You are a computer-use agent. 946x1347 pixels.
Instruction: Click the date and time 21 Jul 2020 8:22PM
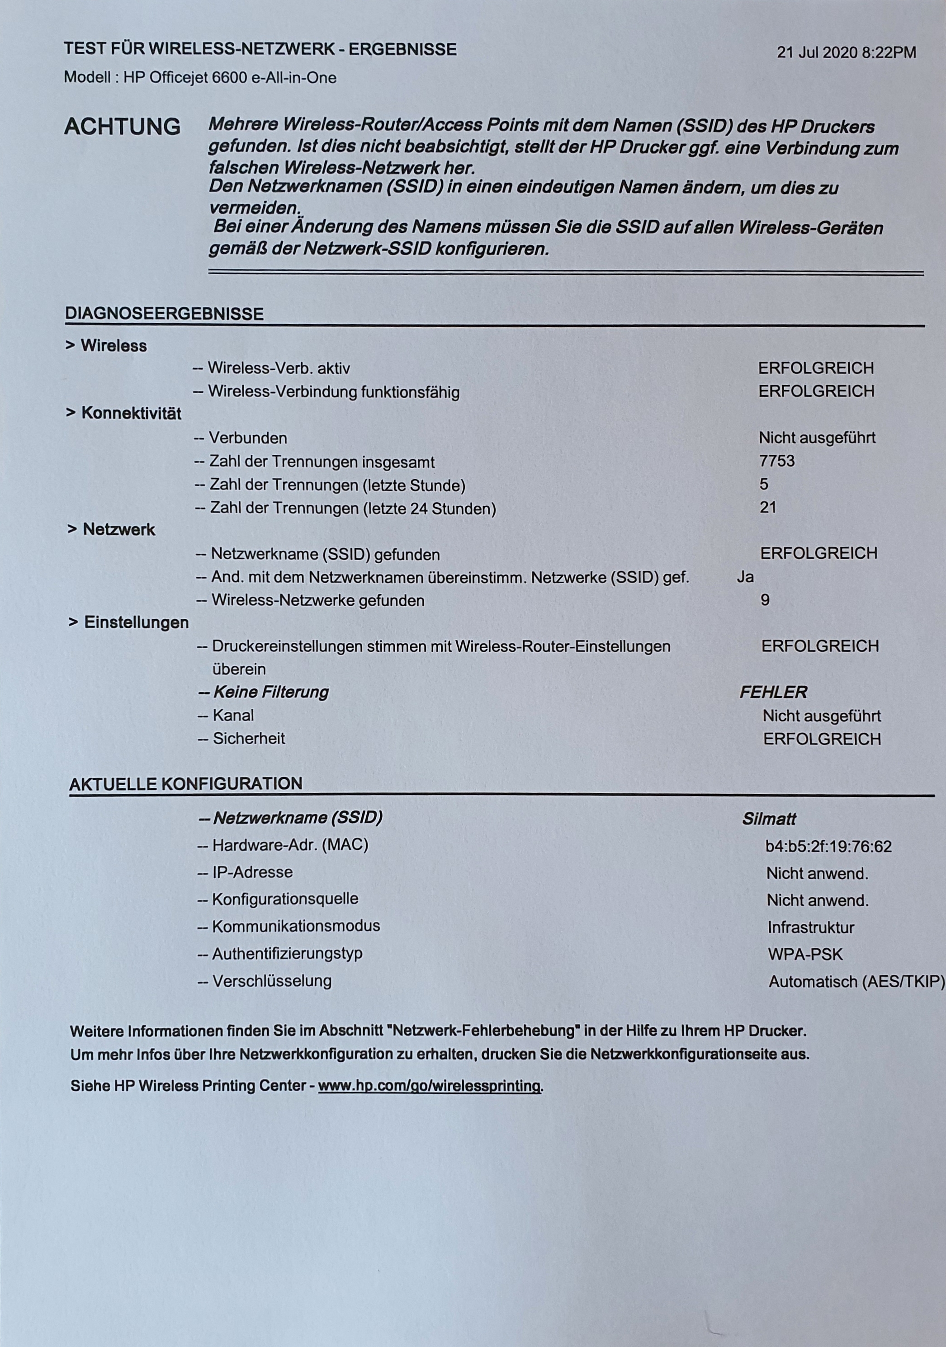[846, 53]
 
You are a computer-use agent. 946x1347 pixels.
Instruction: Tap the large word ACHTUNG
[122, 127]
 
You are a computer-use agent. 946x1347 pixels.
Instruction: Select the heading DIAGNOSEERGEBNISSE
[164, 314]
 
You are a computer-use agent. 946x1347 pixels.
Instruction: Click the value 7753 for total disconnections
[777, 461]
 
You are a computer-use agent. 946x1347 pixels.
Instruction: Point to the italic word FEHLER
[773, 692]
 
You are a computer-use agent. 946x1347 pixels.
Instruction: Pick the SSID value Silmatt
[769, 819]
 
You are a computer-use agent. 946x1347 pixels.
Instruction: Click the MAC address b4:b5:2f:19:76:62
[828, 847]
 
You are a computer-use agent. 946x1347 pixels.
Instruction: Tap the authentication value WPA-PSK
[805, 955]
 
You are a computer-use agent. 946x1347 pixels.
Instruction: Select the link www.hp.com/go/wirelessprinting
[429, 1086]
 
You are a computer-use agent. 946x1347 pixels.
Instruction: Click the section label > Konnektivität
[123, 414]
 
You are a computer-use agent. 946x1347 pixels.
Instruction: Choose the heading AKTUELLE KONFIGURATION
[185, 784]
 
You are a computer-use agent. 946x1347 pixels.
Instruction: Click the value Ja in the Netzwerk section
[745, 577]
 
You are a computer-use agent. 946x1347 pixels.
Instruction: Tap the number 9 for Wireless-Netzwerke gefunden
[765, 600]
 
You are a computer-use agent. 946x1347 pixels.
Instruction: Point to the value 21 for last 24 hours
[767, 508]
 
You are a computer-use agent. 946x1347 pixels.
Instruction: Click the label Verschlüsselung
[271, 981]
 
